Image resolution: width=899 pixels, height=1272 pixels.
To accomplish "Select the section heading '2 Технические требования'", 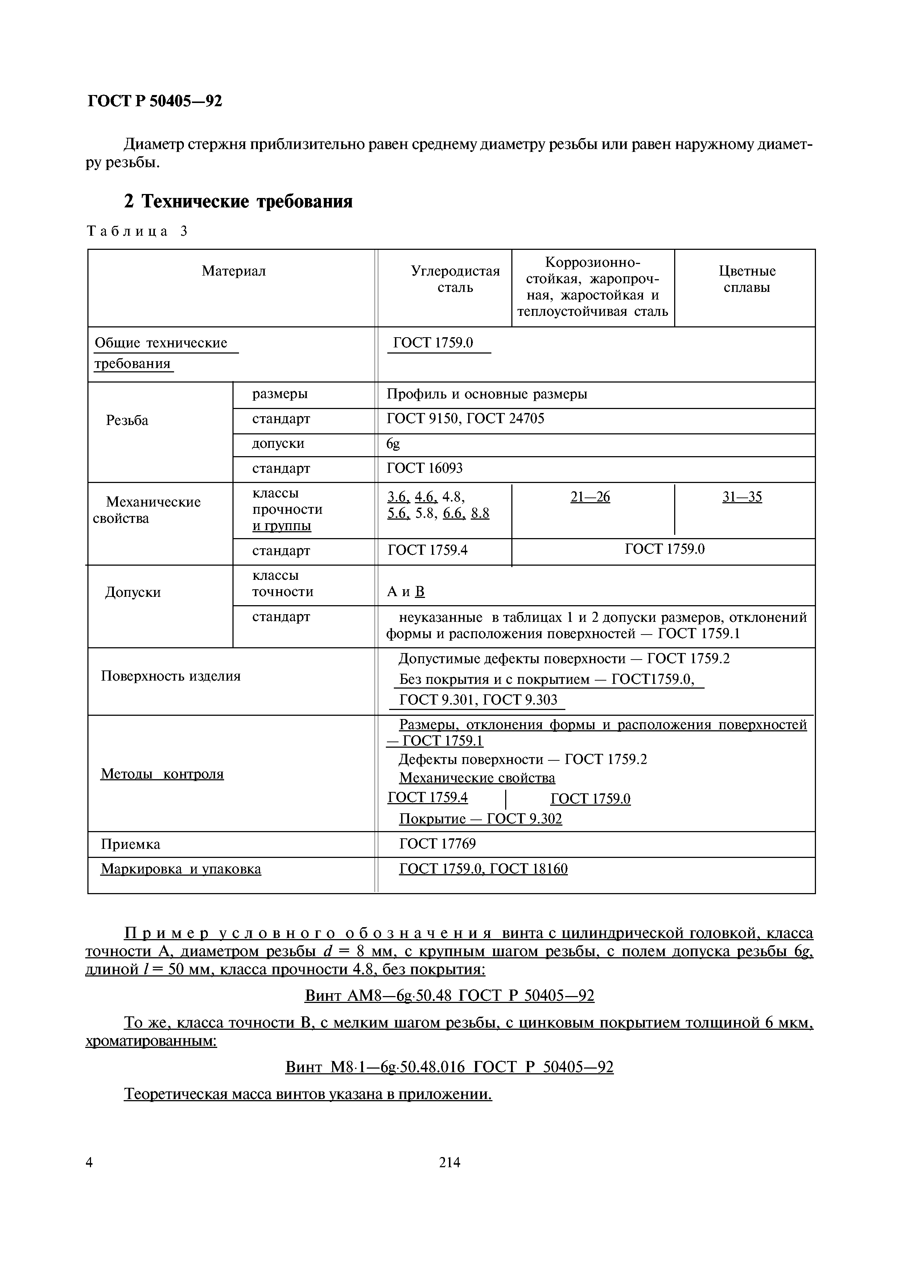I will click(x=238, y=201).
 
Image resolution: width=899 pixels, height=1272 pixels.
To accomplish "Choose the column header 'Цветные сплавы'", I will click(x=747, y=279).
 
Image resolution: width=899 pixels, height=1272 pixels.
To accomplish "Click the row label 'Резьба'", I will click(x=127, y=421).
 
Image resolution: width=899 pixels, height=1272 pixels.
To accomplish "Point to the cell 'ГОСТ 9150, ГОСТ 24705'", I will click(x=465, y=419).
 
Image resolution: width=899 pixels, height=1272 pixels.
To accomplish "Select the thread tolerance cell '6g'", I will click(x=393, y=444).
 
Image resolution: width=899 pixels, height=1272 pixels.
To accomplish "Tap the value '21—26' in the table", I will click(x=590, y=497).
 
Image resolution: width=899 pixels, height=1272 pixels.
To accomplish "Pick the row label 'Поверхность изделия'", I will click(x=170, y=676).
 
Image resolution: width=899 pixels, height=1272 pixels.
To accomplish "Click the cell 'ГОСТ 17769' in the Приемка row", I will click(x=437, y=844).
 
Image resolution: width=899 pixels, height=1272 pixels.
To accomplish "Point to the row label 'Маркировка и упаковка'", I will click(x=181, y=869).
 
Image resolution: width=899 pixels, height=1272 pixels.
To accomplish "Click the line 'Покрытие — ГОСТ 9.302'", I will click(x=480, y=819).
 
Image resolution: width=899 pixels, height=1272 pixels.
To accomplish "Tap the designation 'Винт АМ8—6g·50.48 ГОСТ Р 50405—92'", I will click(x=449, y=996).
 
